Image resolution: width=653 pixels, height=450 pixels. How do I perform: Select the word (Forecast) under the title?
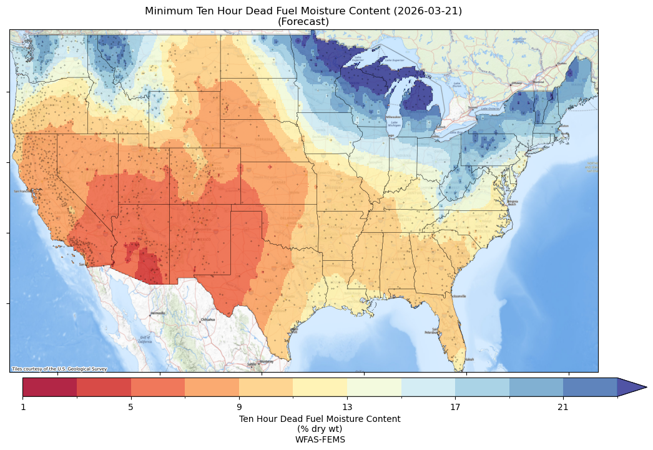point(303,22)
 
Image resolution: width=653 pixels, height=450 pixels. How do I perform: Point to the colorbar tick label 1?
point(23,408)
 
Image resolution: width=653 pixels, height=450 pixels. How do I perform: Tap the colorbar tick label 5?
point(131,408)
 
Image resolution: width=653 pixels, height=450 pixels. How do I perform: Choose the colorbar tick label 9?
point(239,408)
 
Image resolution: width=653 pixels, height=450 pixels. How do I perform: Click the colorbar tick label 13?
point(347,408)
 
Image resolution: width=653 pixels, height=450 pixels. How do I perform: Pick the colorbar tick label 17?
point(455,408)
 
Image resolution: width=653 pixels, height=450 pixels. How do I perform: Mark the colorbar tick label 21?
point(563,408)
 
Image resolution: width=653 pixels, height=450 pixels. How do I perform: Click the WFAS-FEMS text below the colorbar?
point(320,439)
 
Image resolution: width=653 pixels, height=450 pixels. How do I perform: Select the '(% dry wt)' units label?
point(320,429)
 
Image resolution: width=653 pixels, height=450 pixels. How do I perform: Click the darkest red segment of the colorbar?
point(50,387)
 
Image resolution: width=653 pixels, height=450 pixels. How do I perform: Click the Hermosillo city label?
point(157,313)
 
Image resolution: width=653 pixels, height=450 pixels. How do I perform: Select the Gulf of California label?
point(145,340)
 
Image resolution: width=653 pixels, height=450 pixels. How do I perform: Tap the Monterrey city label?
point(267,361)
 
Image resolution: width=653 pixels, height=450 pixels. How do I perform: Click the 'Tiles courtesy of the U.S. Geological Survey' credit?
point(59,369)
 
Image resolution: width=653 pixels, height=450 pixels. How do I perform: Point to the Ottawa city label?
point(517,83)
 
